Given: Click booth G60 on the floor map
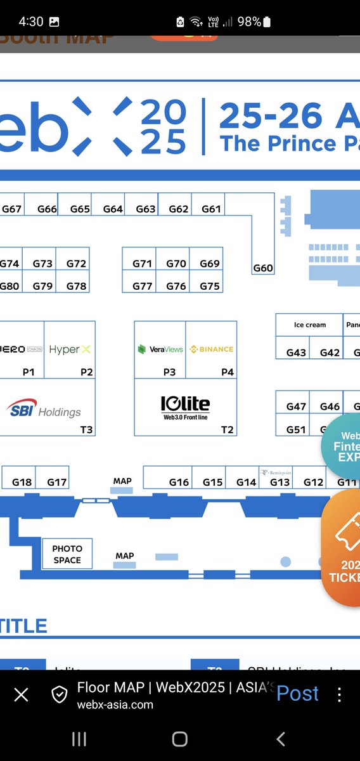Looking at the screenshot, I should [262, 268].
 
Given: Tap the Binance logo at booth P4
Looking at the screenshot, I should [211, 349].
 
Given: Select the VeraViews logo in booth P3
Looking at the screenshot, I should [160, 349].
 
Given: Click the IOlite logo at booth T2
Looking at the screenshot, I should [184, 406].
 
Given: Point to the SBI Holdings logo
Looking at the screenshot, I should [44, 409].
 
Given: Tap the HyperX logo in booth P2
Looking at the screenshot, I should [70, 349].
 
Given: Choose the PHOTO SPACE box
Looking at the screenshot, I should [67, 554].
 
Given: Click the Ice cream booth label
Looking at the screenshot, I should [309, 325].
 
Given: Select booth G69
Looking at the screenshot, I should [209, 264].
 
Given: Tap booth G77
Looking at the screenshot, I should [143, 286].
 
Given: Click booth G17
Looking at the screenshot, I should [56, 482].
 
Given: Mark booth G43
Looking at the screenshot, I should [296, 353].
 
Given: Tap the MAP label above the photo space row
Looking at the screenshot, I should [122, 481].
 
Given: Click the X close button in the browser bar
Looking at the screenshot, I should [21, 695].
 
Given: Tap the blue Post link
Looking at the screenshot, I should [297, 693].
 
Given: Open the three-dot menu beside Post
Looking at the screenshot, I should [340, 694].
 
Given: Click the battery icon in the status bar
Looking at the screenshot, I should [266, 22].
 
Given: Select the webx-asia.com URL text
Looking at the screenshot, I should [115, 705].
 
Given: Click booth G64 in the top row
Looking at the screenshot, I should [113, 209].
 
